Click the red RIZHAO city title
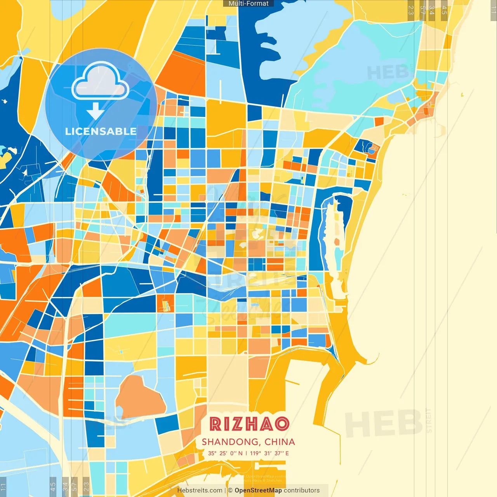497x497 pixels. pos(249,424)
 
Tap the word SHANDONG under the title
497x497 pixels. pos(231,442)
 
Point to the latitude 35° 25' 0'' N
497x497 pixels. pos(225,453)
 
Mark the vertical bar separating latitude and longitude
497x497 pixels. pos(246,453)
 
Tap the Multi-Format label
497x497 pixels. pos(248,3)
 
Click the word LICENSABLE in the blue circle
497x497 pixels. pos(101,132)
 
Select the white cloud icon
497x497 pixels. pos(100,82)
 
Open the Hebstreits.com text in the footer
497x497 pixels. pos(200,490)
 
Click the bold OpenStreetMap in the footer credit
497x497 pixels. pos(258,490)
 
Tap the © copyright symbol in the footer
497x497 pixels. pos(230,490)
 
